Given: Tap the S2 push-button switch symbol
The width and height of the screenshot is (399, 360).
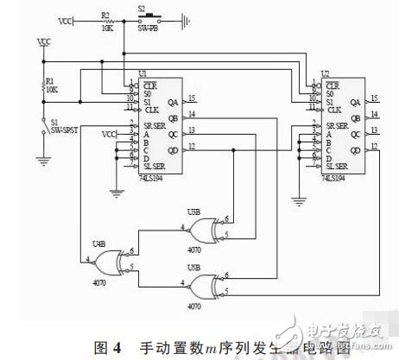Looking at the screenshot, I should [x=148, y=16].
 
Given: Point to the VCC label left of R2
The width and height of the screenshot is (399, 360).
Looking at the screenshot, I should [x=65, y=18].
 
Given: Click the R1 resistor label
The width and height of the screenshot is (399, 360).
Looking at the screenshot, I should [x=50, y=82].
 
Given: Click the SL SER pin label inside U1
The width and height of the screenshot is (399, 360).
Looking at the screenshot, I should [x=152, y=166].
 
